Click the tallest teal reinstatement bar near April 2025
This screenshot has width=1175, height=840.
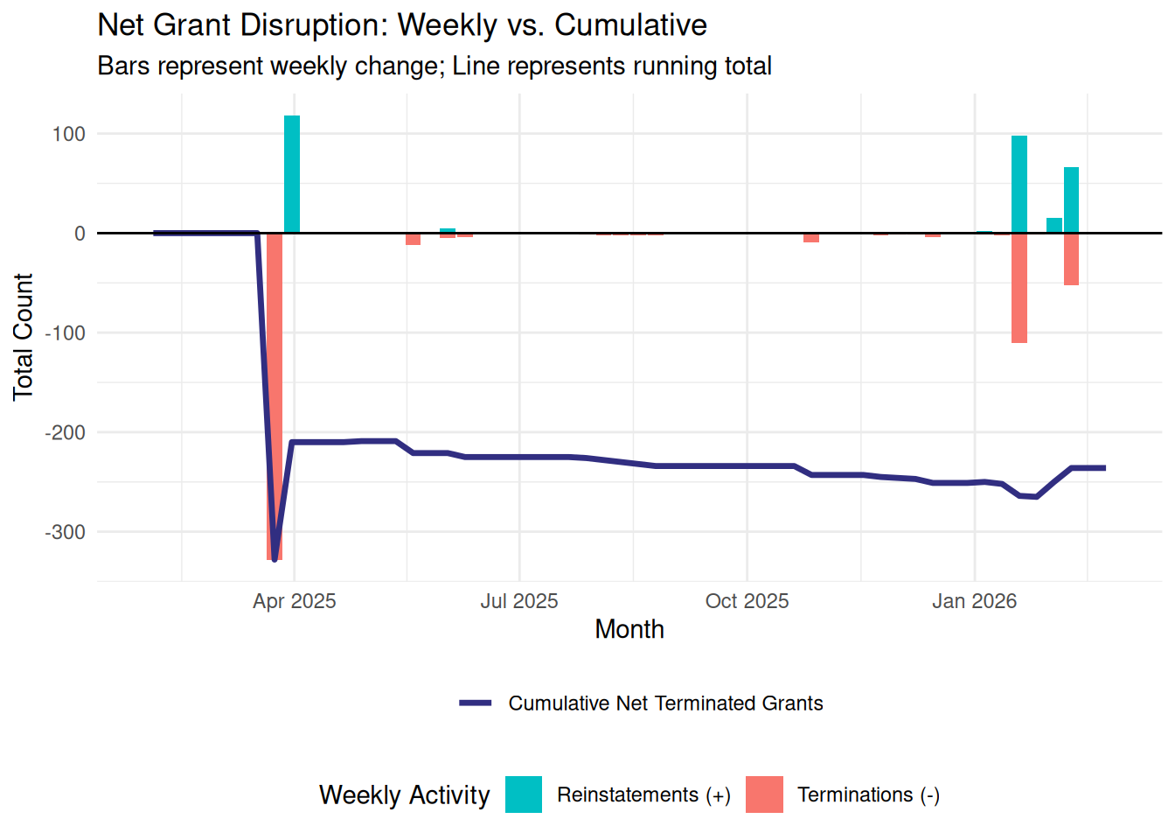tap(292, 174)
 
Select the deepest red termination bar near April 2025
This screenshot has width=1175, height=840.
tap(275, 394)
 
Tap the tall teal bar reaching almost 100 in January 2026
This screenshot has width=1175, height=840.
tap(1019, 185)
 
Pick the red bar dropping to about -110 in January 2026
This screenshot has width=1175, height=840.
tap(1019, 288)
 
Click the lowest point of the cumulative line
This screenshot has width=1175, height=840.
tap(275, 559)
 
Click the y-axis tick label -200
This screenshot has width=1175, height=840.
tap(66, 432)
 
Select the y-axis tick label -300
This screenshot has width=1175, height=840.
tap(66, 532)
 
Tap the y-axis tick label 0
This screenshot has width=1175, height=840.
tap(80, 234)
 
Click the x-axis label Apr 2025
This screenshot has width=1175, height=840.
tap(295, 601)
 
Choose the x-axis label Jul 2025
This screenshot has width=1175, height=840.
tap(519, 601)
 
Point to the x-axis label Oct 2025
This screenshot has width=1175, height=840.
tap(747, 601)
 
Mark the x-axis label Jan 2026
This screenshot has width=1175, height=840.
tap(974, 601)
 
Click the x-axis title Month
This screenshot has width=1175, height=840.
tap(629, 629)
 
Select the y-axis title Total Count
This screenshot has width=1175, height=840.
tap(23, 337)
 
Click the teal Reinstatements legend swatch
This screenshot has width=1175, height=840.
tap(524, 794)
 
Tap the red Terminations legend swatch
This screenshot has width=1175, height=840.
tap(764, 794)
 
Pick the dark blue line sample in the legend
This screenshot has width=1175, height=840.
tap(476, 703)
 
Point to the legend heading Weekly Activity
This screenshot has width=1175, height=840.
tap(405, 794)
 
